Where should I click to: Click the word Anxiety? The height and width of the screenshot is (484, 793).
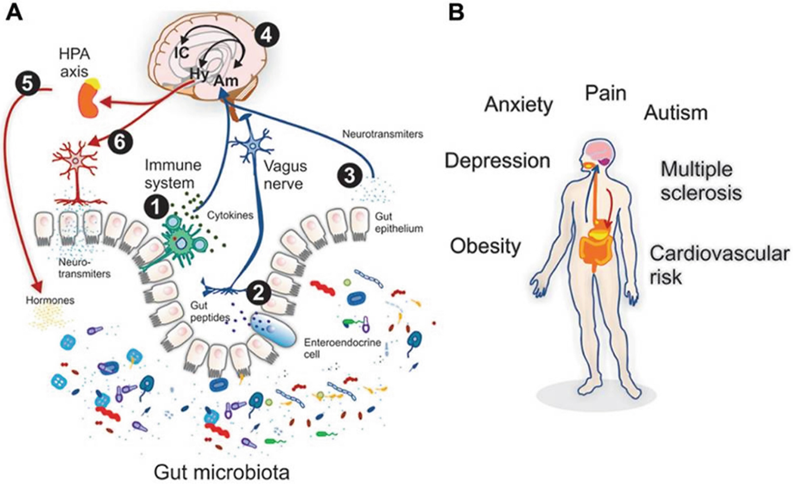[x=519, y=104]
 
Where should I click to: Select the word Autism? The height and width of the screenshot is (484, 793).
[x=675, y=113]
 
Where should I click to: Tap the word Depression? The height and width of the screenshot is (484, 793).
[x=497, y=161]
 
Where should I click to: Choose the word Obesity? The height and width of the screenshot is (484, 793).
[x=485, y=246]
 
